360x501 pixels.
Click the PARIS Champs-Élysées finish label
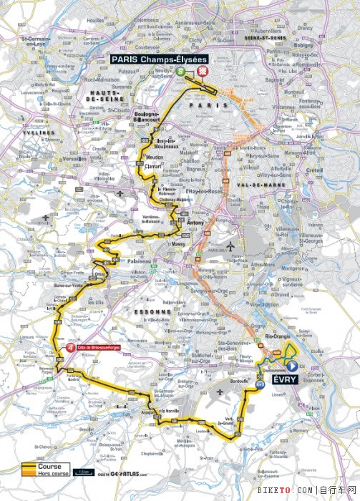pyautogui.click(x=158, y=60)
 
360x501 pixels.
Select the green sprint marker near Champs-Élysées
pyautogui.click(x=182, y=72)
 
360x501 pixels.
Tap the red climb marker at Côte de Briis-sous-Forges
pyautogui.click(x=70, y=348)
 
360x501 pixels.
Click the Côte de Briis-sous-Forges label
pyautogui.click(x=98, y=348)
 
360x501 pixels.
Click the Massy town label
pyautogui.click(x=179, y=244)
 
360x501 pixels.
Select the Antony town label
pyautogui.click(x=195, y=221)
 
